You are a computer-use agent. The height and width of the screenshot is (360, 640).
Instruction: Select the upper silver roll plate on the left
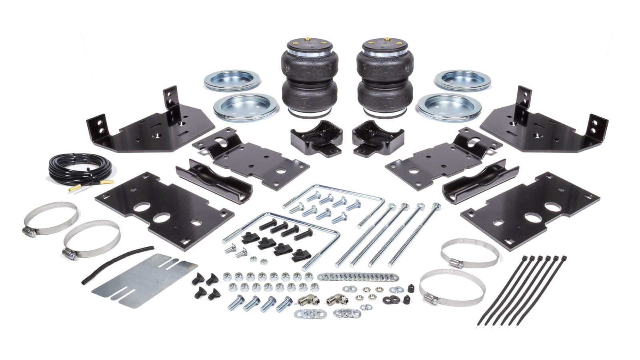[x=232, y=80]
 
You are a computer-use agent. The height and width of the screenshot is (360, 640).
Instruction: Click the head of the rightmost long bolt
[x=437, y=207]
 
